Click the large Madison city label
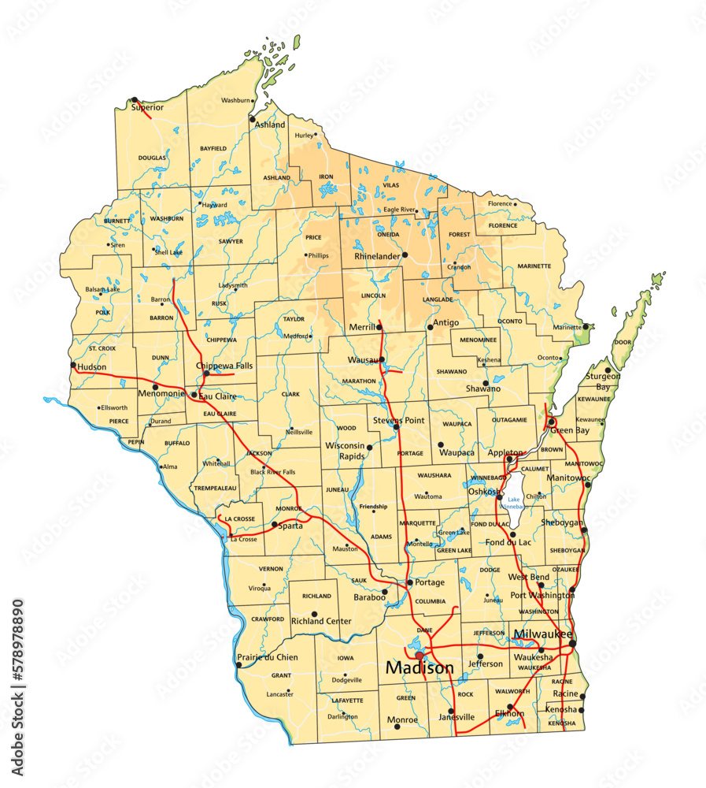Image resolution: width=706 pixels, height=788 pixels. point(420,668)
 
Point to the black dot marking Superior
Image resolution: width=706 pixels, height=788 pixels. point(135,100)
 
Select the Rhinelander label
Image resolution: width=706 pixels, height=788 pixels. point(377,256)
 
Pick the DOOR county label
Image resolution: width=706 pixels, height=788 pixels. point(623,343)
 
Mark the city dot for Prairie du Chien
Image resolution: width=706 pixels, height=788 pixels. point(238,665)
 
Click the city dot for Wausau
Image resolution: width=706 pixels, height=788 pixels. point(383,360)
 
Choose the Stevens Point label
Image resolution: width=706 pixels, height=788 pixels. point(399,420)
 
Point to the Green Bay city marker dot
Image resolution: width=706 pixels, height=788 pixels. point(552,422)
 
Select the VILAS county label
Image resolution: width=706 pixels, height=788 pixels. point(390,184)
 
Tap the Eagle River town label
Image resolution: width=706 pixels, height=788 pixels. point(399,210)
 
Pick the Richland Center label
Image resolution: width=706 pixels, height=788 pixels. point(321,621)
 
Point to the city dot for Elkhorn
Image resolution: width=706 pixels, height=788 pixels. point(510,707)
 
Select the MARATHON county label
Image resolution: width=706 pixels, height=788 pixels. point(359,381)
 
